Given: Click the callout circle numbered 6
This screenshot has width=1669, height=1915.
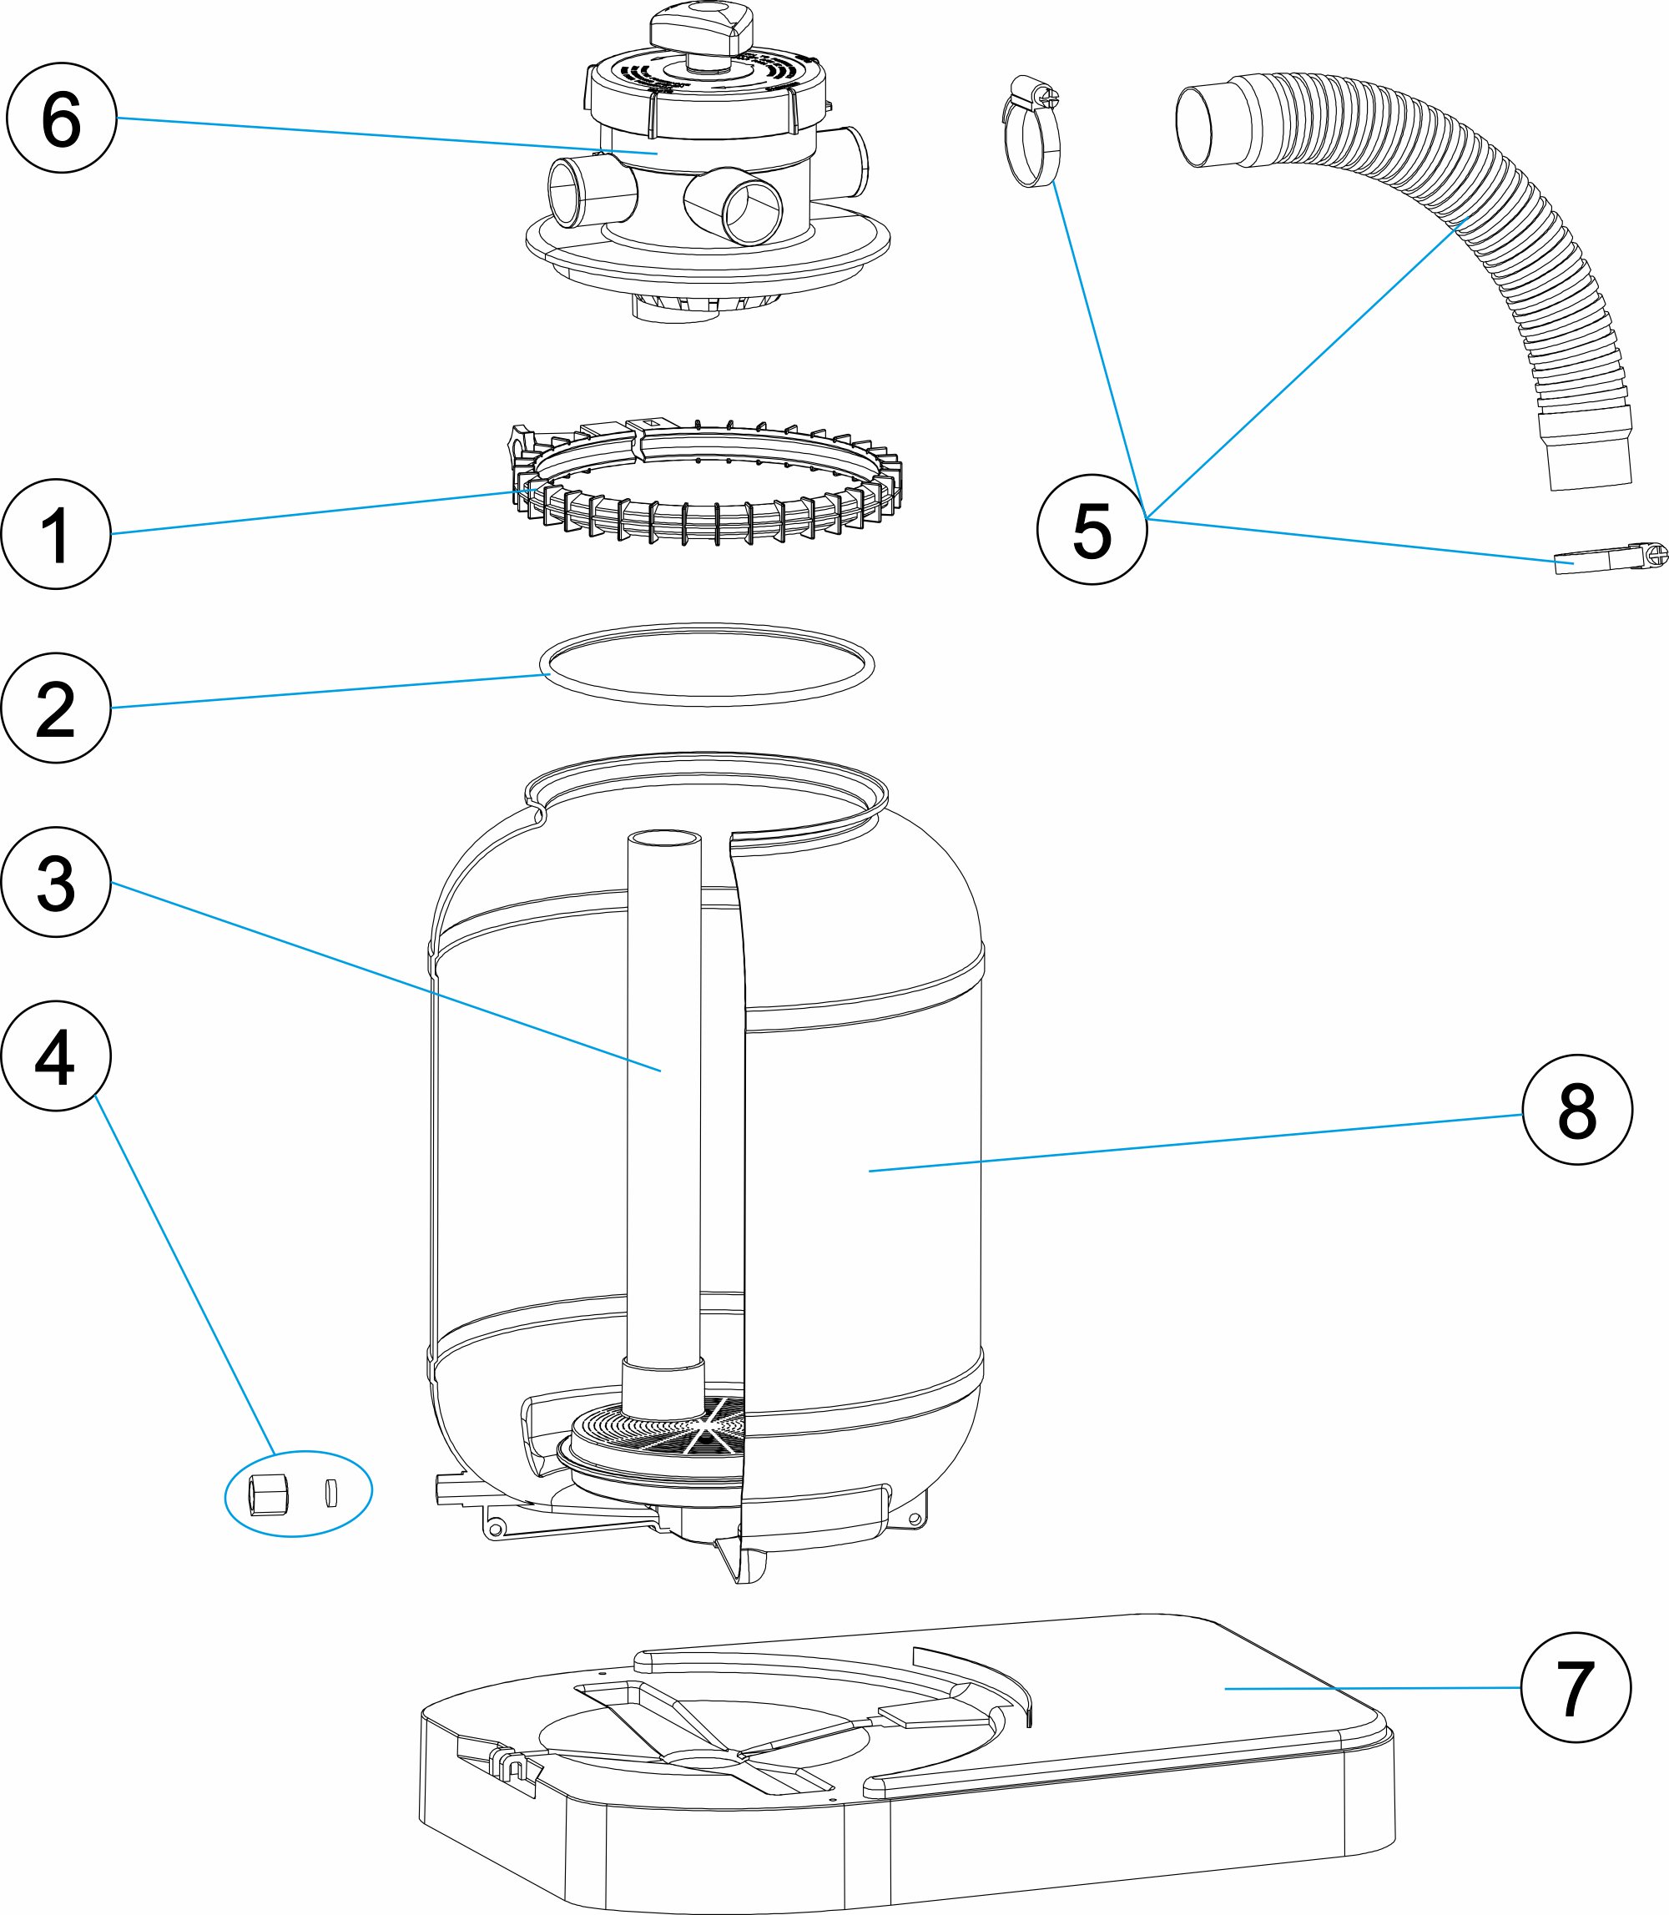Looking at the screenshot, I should tap(62, 118).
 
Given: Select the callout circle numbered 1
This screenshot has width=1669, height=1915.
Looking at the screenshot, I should tap(56, 534).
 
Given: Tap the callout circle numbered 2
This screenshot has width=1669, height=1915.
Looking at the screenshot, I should tap(56, 708).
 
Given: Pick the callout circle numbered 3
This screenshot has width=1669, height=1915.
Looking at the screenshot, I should tap(56, 882).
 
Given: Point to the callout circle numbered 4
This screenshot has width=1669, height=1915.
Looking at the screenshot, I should tap(56, 1056).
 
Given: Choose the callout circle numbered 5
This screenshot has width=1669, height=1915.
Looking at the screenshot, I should tap(1092, 529).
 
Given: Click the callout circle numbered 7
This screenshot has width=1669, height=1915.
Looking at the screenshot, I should tap(1575, 1688).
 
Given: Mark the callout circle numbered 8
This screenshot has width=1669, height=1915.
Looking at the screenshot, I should tap(1577, 1109).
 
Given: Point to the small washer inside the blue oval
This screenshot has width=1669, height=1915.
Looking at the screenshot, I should tap(330, 1492).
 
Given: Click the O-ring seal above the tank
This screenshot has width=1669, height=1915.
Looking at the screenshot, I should tap(706, 664).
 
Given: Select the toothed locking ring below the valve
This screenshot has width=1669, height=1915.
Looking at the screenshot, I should tap(708, 484).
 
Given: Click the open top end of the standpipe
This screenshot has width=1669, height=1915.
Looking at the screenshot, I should tap(664, 839).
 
